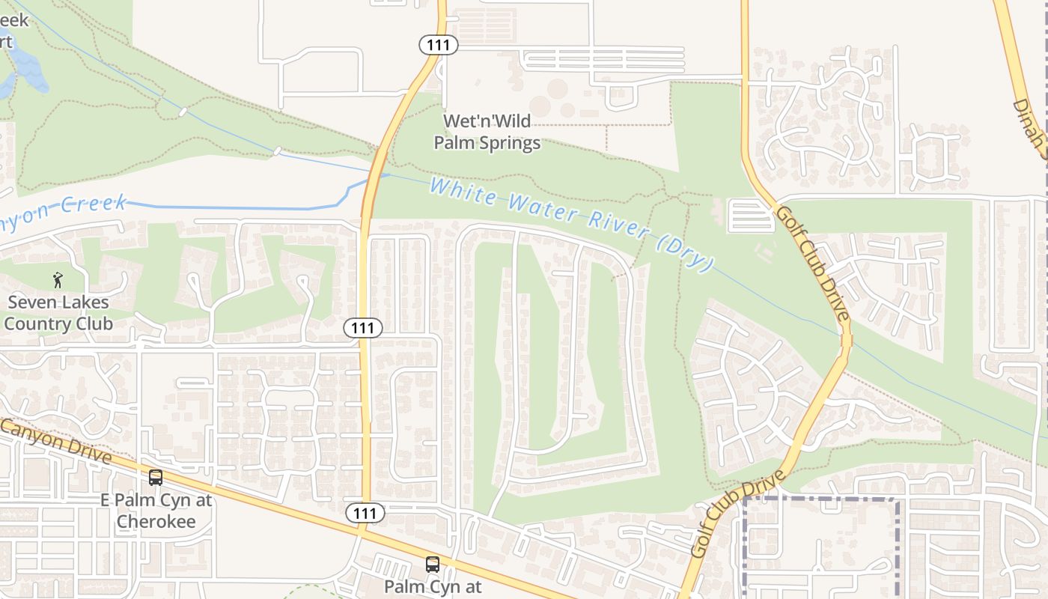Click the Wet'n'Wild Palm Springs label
(x=487, y=131)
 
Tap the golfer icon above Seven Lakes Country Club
(x=58, y=280)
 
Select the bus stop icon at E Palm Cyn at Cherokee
(x=156, y=477)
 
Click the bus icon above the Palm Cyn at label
(x=433, y=564)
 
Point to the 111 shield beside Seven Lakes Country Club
(x=364, y=327)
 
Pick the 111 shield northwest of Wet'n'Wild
(x=438, y=45)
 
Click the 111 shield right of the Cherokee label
(x=365, y=513)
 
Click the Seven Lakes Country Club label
(x=58, y=313)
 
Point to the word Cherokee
(x=156, y=521)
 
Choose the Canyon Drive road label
(x=56, y=441)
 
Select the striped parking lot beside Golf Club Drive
(x=750, y=216)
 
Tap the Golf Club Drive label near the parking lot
(x=813, y=262)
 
